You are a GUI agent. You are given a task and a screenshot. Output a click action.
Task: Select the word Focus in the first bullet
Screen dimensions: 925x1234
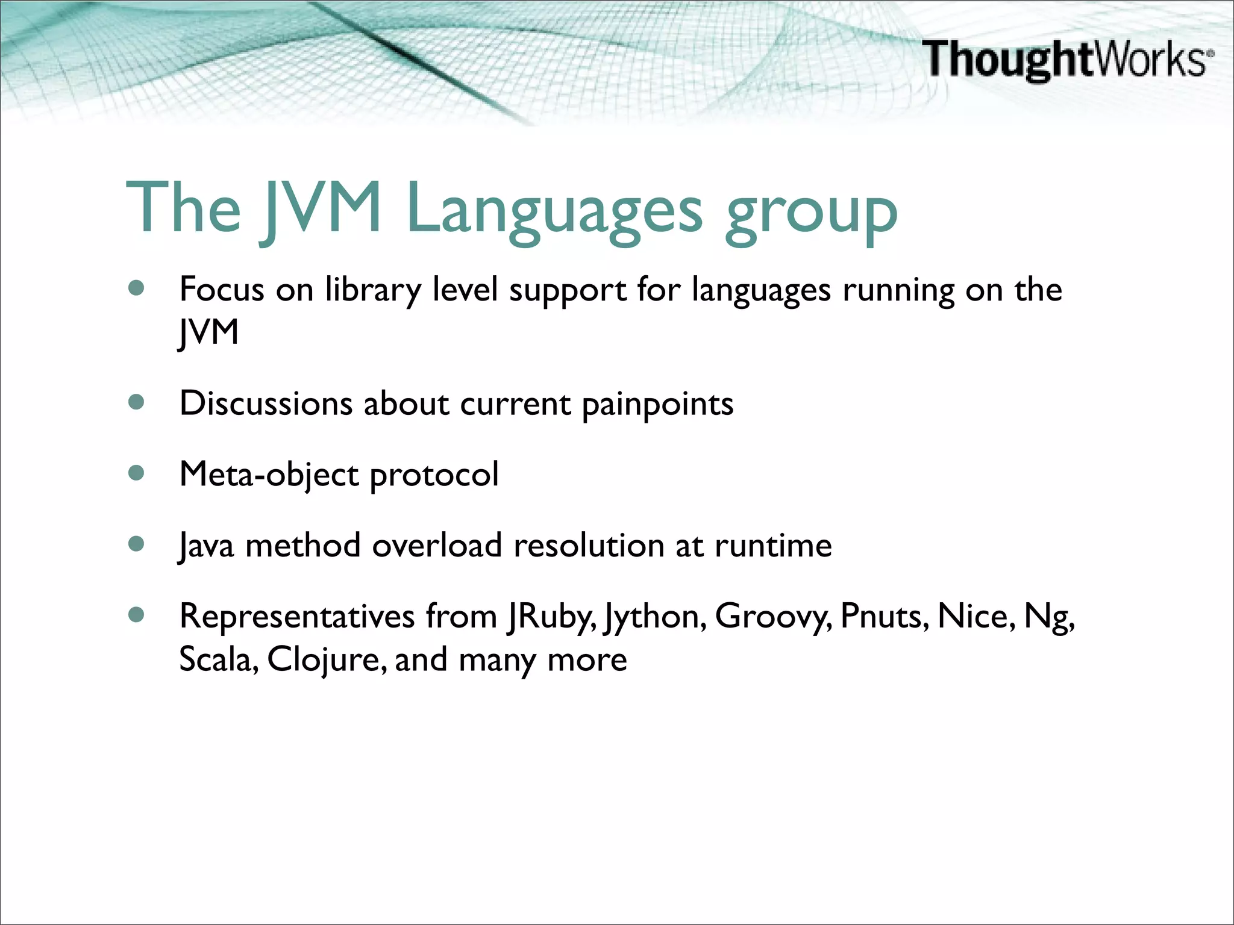(222, 289)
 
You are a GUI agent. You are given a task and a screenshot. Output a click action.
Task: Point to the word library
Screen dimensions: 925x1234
(373, 290)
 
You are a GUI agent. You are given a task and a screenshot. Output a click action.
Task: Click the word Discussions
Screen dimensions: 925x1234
(266, 403)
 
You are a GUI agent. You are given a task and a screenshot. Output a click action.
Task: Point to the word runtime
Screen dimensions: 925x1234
(773, 545)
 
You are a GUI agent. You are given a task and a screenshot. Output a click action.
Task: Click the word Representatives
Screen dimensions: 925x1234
(297, 617)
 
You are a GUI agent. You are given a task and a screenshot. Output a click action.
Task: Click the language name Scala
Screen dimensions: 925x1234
(219, 659)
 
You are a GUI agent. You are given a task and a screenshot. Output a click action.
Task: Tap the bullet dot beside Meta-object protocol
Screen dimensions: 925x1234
(137, 473)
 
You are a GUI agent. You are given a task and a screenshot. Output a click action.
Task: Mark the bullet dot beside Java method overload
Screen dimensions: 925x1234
(137, 544)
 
